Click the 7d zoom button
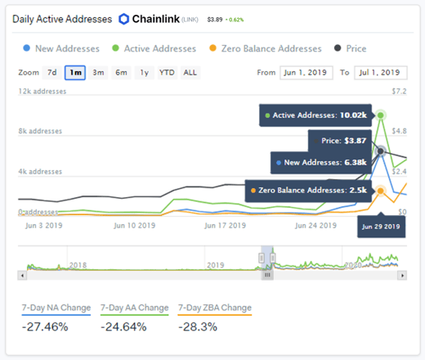tap(51, 73)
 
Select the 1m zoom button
tap(75, 73)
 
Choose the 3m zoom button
tap(98, 73)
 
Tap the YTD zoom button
tap(167, 73)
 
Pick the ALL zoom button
tap(190, 73)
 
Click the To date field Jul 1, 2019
tap(378, 73)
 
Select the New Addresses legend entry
tap(60, 48)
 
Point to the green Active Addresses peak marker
tap(382, 115)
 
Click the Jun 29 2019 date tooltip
tap(382, 225)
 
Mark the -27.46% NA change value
tap(45, 327)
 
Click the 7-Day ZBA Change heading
tap(214, 308)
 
